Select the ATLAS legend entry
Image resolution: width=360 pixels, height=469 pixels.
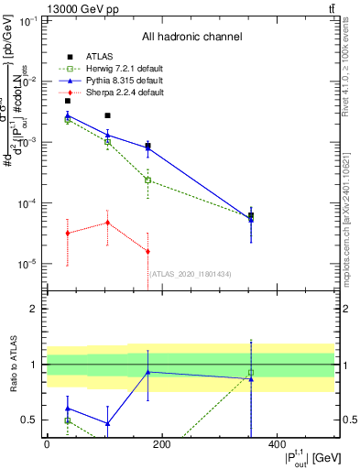pos(101,57)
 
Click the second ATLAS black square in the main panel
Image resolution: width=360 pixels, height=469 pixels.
pos(108,115)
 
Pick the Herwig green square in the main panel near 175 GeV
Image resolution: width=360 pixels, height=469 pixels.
pos(147,180)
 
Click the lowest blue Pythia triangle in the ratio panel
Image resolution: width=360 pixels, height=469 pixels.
pos(108,423)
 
